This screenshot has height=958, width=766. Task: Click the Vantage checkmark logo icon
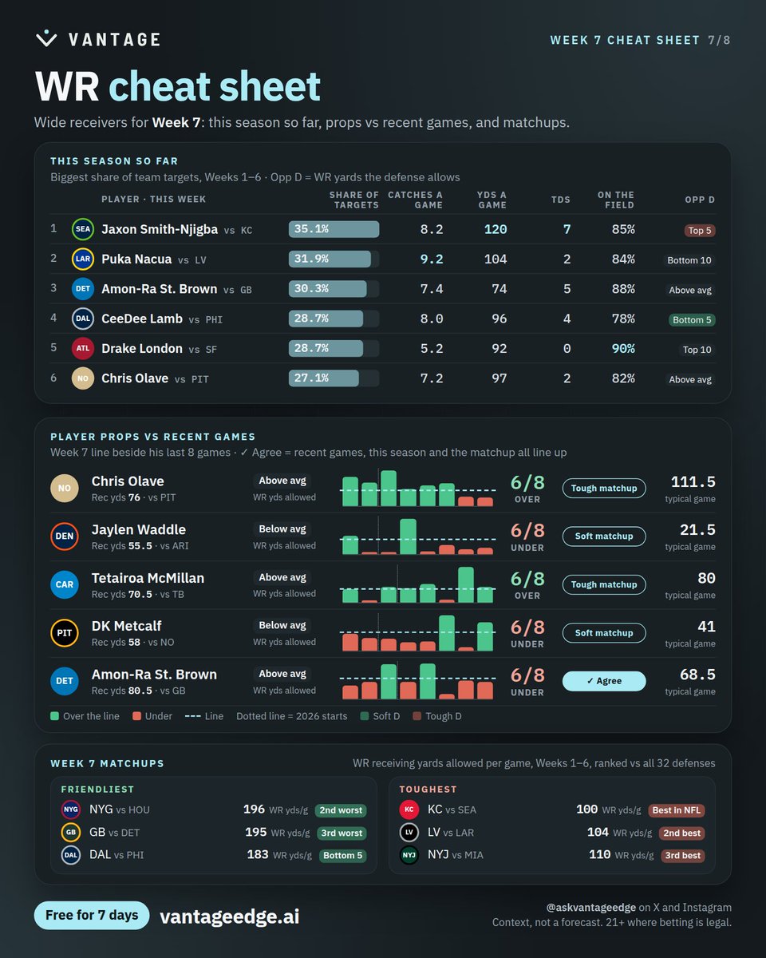(46, 39)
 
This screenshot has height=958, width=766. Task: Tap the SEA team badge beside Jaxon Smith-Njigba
(83, 229)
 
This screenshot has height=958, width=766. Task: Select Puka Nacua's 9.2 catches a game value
(432, 259)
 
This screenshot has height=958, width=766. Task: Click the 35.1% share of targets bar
(334, 229)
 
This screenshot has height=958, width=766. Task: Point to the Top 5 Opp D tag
(700, 231)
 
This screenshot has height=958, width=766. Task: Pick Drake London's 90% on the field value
(623, 349)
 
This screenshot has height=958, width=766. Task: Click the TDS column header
(560, 200)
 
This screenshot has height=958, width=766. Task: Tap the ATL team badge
(83, 349)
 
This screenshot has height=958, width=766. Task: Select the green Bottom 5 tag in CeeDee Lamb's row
(692, 320)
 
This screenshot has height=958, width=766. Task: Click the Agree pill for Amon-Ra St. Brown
(604, 681)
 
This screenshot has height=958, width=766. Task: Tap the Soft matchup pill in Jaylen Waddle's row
(604, 536)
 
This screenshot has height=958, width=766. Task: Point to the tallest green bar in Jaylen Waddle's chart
(409, 536)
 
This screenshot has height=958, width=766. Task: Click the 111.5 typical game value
(693, 481)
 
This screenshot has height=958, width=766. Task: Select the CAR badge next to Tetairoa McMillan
(65, 584)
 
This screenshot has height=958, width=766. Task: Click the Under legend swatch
(136, 716)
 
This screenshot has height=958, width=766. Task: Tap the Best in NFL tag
(677, 810)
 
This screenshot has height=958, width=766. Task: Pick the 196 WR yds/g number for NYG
(254, 810)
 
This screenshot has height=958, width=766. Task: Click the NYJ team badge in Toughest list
(409, 855)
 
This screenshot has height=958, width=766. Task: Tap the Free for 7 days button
(92, 915)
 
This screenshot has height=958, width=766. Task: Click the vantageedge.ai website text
(230, 916)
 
